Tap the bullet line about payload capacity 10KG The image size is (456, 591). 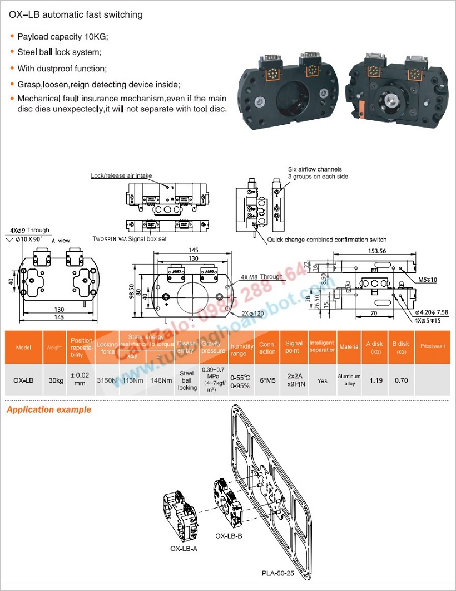[x=63, y=37]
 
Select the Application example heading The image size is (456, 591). [x=49, y=410]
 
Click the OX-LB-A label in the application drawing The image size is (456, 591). [x=184, y=548]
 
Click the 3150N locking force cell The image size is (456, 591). [x=107, y=381]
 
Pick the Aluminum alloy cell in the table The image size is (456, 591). [x=350, y=380]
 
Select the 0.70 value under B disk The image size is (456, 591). [x=400, y=381]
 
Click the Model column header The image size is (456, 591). [x=23, y=348]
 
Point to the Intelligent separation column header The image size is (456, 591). [x=323, y=347]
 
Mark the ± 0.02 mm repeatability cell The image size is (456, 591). [x=81, y=380]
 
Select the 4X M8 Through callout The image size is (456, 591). [x=262, y=277]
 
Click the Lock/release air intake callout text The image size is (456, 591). [x=121, y=175]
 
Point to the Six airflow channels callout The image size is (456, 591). [x=315, y=169]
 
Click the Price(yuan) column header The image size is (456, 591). [x=432, y=347]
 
